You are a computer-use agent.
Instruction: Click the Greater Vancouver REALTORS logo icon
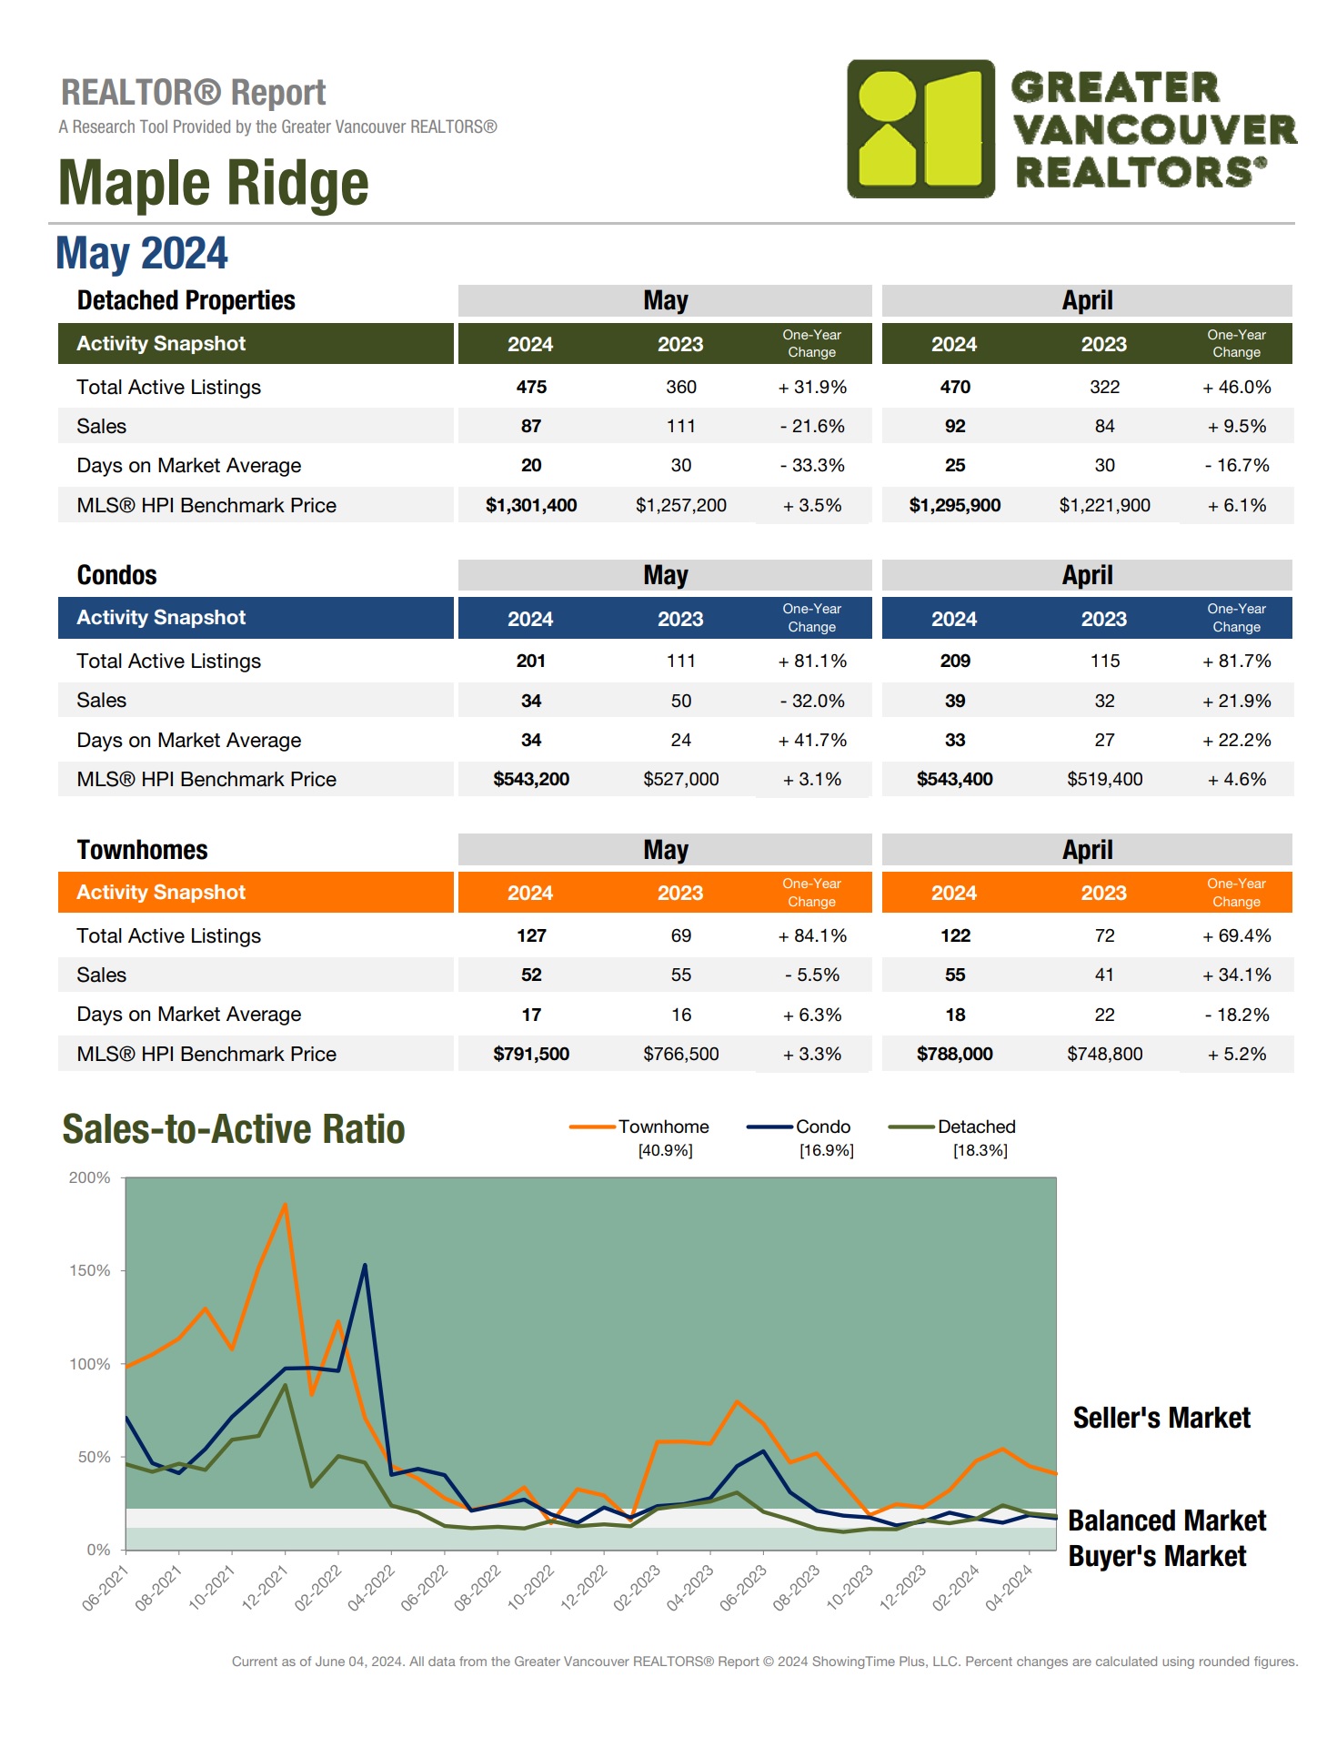coord(920,129)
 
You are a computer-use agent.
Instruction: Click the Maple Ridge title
coord(213,183)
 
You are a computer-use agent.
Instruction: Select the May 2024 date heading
coord(142,253)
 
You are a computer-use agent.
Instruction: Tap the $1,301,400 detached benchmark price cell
coord(531,505)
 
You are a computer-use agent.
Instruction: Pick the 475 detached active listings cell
coord(531,387)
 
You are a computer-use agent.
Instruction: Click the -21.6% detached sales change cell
coord(811,426)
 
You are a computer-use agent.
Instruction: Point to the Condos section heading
coord(116,575)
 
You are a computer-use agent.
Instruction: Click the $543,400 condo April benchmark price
coord(954,779)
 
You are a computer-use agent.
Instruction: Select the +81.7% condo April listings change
coord(1236,661)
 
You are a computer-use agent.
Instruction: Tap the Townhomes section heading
coord(142,850)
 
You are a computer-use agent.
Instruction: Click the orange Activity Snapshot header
coord(161,893)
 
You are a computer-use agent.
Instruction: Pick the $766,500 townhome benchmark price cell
coord(680,1054)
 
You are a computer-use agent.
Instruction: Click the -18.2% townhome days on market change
coord(1236,1015)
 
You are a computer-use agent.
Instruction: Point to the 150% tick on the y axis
coord(90,1270)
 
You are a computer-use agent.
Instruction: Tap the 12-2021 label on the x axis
coord(265,1588)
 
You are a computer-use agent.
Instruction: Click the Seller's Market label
coord(1161,1418)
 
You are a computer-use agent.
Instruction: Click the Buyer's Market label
coord(1157,1556)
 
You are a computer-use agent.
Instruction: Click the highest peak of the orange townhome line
coord(286,1205)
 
